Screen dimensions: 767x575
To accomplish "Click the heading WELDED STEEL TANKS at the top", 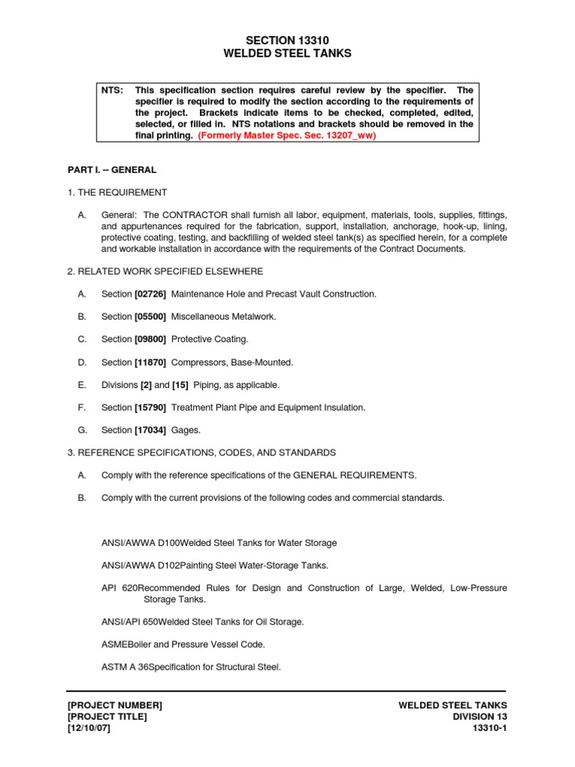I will point(287,53).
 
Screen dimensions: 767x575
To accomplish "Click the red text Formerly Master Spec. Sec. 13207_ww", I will point(287,136).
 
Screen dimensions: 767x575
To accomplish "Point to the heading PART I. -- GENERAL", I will point(112,170).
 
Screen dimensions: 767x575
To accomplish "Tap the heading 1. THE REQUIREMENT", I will point(118,192).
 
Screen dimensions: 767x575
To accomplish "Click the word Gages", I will point(186,430).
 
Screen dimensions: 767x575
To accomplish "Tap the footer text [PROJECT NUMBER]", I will point(115,705).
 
